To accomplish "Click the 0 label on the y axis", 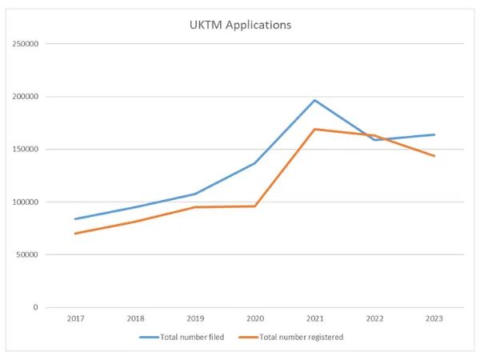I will [35, 307].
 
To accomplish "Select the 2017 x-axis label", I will [76, 318].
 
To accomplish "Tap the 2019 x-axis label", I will [195, 318].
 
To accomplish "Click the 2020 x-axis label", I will [255, 318].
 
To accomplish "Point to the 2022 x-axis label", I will [374, 318].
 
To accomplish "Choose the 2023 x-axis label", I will [434, 318].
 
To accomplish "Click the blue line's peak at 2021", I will [315, 100].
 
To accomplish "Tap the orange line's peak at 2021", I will [315, 129].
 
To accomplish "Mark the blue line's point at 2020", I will [255, 163].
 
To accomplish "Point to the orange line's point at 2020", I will [255, 206].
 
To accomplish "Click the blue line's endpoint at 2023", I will [434, 134].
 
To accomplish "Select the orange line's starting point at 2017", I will [76, 234].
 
